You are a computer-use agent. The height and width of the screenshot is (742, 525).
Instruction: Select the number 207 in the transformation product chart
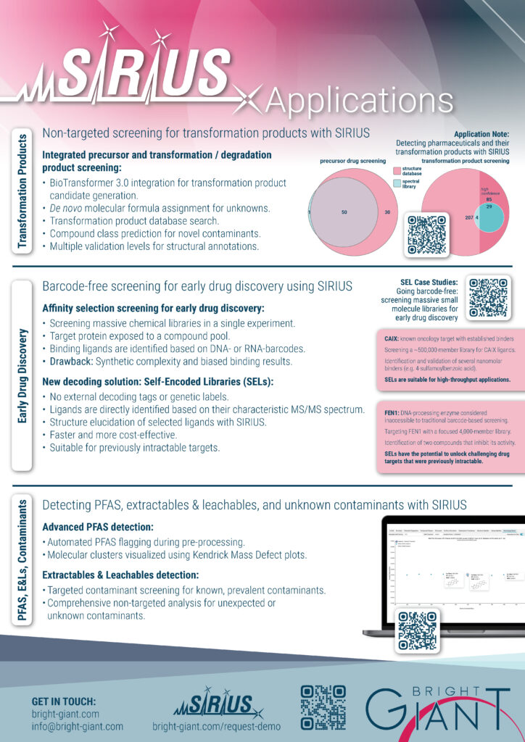click(x=448, y=217)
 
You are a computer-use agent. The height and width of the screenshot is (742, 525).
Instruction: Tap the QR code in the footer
click(x=323, y=707)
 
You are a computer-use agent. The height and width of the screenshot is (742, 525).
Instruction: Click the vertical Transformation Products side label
click(x=22, y=191)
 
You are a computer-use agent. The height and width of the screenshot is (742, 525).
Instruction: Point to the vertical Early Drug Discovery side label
click(x=22, y=376)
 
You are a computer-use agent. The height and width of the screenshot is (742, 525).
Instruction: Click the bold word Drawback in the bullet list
click(x=73, y=361)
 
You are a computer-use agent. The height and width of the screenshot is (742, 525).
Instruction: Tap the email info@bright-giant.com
click(x=78, y=725)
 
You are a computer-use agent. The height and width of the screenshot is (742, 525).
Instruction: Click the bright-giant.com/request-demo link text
click(x=215, y=725)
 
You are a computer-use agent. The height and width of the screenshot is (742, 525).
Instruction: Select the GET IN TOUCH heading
click(x=64, y=701)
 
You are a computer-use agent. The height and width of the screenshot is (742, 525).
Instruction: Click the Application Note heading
click(x=481, y=135)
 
